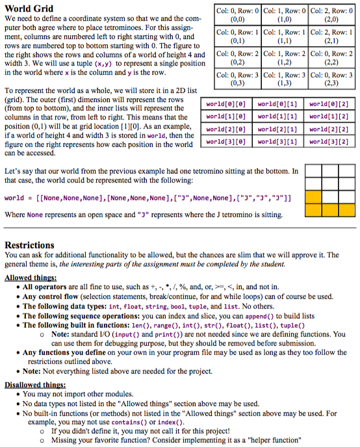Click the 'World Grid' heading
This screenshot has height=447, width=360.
coord(29,8)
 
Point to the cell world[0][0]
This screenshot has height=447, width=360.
coord(224,104)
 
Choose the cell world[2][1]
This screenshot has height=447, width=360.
coord(276,129)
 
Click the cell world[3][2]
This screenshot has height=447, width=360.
coord(329,141)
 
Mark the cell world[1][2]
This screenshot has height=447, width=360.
coord(329,116)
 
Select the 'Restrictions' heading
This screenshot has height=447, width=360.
coord(30,245)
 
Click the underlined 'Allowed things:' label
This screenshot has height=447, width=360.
coord(31,277)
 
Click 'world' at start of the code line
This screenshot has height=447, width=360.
coord(14,198)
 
